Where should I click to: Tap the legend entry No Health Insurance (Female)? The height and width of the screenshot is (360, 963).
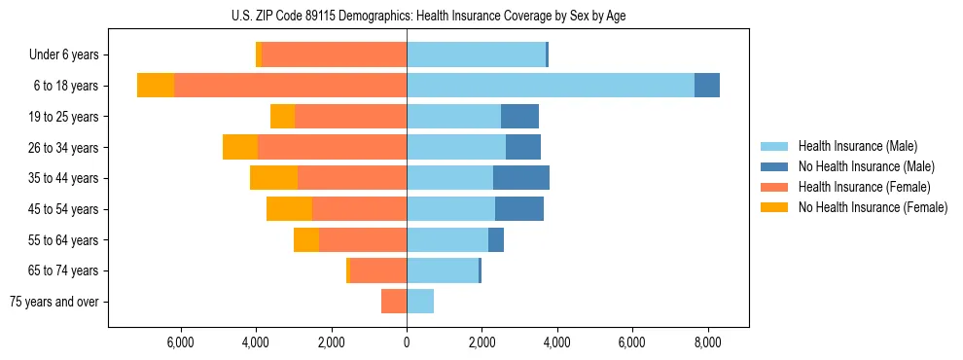pos(872,207)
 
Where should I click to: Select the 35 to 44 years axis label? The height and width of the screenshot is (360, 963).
pos(64,178)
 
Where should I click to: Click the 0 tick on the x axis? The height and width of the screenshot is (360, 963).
pos(407,342)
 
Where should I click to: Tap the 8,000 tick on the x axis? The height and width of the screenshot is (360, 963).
pos(707,342)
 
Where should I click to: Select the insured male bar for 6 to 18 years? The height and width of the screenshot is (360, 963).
pos(551,86)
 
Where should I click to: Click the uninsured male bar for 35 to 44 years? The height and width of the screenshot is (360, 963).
pos(521,178)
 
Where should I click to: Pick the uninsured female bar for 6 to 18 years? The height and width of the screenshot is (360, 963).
pos(156,86)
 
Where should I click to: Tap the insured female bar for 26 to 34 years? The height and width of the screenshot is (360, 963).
pos(332,147)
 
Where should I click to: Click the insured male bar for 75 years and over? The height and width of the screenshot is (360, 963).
pos(420,302)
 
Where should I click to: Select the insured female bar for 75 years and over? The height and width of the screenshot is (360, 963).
pos(394,302)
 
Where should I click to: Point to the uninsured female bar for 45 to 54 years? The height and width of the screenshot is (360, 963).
pos(289,209)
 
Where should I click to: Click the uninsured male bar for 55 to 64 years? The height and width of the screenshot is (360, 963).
pos(496,239)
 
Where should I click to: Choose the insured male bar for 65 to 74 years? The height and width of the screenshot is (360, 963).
pos(443,270)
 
